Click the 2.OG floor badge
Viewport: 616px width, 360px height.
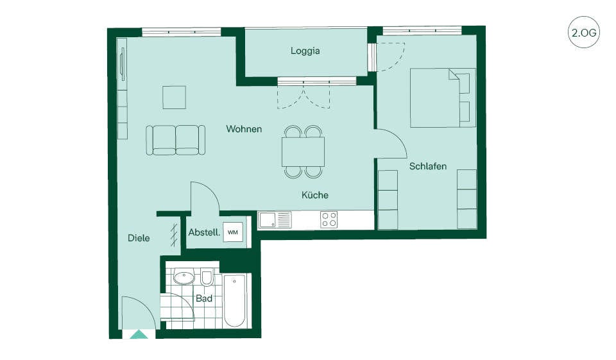point(584,32)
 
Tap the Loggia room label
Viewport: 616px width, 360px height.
point(305,51)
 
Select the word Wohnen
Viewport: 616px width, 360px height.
point(244,129)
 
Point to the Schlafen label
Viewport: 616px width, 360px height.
point(428,166)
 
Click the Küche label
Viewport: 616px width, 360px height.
point(315,195)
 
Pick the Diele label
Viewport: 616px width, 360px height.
point(139,238)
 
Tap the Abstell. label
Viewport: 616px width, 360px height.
point(204,232)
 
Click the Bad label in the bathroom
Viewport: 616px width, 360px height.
point(204,298)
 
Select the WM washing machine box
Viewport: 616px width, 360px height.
point(233,232)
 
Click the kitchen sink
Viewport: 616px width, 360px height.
point(275,219)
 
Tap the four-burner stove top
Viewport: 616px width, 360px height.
point(329,219)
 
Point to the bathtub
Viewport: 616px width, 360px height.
point(235,301)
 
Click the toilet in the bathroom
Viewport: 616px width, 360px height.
point(207,278)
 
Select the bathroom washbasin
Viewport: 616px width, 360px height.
point(184,277)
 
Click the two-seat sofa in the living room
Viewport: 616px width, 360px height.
point(176,141)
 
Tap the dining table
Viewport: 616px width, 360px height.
point(304,151)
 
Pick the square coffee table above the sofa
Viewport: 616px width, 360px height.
point(175,98)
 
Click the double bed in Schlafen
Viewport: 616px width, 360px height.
point(443,98)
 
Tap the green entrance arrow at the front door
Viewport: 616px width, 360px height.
point(139,334)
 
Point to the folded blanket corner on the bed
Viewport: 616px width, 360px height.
point(454,74)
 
